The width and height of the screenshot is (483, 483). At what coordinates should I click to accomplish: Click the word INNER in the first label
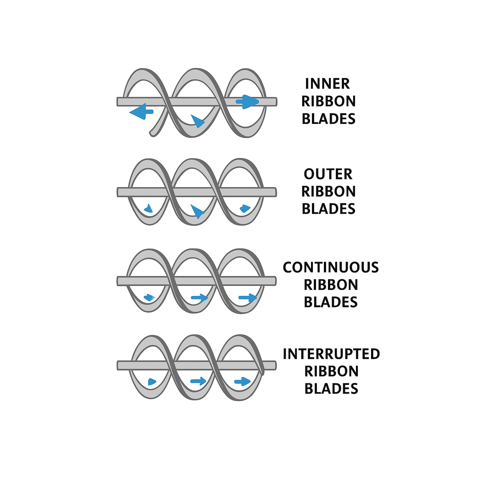(x=327, y=84)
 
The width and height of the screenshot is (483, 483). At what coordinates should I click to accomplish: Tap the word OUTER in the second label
(x=328, y=174)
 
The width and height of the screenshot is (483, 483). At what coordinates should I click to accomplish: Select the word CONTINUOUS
(x=330, y=268)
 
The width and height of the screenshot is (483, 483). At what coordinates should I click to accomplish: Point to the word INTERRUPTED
(x=331, y=354)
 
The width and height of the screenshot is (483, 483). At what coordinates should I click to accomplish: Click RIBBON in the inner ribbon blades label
(x=328, y=101)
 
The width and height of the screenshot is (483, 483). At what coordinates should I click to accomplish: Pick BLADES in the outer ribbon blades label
(x=328, y=209)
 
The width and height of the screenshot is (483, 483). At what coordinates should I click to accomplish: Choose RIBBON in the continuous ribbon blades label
(x=330, y=285)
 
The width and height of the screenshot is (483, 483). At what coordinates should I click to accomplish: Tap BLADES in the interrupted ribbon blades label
(x=331, y=389)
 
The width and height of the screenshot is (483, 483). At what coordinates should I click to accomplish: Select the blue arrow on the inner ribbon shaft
(x=247, y=102)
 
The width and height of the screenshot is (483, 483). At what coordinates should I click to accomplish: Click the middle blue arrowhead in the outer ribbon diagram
(x=197, y=211)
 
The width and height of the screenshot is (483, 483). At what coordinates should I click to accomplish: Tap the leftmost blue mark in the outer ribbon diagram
(x=148, y=208)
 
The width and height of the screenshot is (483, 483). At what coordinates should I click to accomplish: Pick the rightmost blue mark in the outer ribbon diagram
(x=245, y=208)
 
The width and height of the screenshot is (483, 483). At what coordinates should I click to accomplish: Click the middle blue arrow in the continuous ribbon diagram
(x=199, y=297)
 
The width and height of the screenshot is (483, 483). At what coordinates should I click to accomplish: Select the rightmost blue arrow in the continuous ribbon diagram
(x=248, y=297)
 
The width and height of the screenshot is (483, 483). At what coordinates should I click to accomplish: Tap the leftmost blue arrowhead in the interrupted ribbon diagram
(x=152, y=382)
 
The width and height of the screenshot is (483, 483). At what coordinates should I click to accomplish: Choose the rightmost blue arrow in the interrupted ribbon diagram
(x=242, y=382)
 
